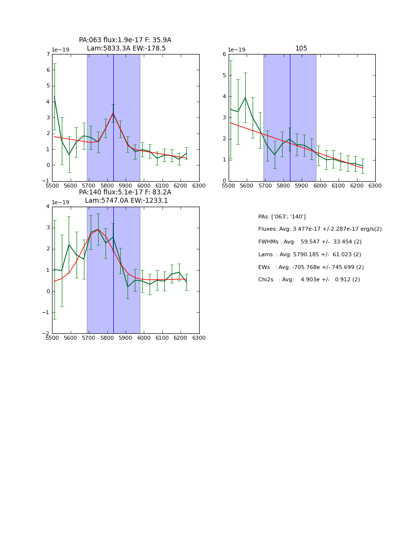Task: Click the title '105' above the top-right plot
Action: tap(301, 49)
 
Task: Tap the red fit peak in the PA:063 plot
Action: tap(113, 113)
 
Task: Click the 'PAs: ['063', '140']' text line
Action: tap(282, 217)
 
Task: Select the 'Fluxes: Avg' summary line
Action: tap(319, 229)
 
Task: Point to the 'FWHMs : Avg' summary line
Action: tap(310, 242)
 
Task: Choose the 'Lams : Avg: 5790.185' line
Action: tap(309, 255)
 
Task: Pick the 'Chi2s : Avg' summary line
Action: tap(309, 280)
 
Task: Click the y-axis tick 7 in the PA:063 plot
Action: tap(48, 54)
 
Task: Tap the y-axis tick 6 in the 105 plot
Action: tap(224, 54)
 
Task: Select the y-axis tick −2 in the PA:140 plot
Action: tap(47, 334)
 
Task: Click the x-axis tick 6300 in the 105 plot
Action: tap(375, 186)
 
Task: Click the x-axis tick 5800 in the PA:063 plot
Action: tap(107, 186)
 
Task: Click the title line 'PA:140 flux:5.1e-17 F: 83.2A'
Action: tap(125, 192)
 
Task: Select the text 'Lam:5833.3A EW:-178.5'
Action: tap(126, 49)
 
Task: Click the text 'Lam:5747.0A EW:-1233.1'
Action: tap(126, 201)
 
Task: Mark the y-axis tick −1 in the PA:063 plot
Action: tap(47, 181)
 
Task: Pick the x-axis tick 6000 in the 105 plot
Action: tap(320, 186)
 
